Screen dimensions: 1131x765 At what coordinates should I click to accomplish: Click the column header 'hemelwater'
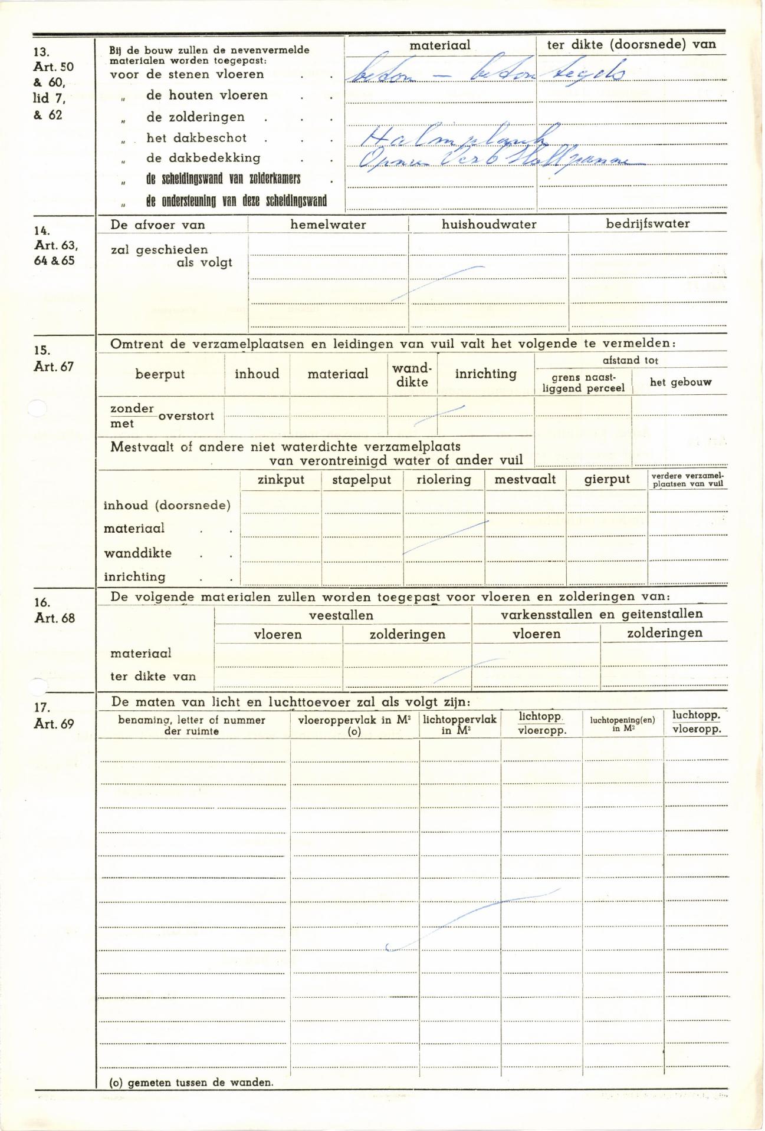(328, 225)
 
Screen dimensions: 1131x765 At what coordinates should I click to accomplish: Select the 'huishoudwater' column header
(489, 225)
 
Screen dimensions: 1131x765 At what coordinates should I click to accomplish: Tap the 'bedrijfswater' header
(648, 224)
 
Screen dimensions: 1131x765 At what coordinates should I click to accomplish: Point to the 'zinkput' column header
(281, 480)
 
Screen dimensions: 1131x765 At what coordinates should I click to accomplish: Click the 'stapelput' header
(362, 480)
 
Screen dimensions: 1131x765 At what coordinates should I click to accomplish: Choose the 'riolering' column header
(444, 480)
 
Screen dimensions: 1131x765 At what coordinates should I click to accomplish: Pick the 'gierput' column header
(607, 480)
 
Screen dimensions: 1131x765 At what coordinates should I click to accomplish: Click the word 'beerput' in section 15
(160, 374)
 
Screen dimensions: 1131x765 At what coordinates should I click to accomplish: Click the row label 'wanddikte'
(137, 553)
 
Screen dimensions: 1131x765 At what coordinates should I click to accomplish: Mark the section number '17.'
(42, 707)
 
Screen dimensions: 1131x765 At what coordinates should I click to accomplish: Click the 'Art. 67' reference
(54, 367)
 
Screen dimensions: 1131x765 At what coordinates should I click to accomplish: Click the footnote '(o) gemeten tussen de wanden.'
(192, 1083)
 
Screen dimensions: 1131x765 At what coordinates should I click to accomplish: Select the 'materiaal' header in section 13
(440, 45)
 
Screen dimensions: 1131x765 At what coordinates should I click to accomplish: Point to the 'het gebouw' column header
(680, 383)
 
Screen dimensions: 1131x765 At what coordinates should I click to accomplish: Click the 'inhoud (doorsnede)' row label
(167, 506)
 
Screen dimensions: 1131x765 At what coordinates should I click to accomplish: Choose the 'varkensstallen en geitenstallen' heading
(602, 614)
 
